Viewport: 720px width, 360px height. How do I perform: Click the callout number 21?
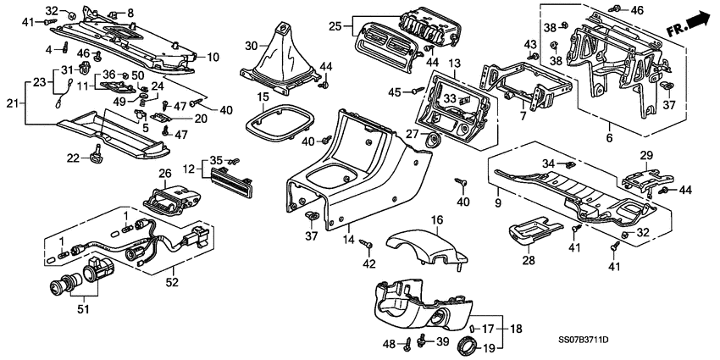tap(11, 102)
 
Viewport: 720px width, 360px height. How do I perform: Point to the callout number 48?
tap(388, 344)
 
